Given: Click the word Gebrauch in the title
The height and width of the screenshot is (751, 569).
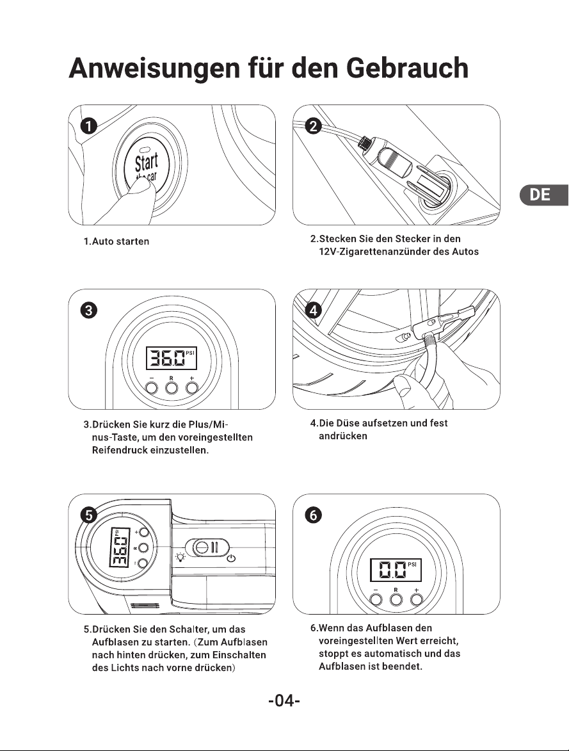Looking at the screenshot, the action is [x=406, y=68].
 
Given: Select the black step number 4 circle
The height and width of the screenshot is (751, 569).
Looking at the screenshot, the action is [x=313, y=311].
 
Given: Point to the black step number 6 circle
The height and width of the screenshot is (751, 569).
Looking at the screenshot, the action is [x=313, y=515].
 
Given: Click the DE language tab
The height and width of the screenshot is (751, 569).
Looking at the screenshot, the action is [x=544, y=195].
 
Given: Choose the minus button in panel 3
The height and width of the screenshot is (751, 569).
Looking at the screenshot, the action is [x=151, y=387].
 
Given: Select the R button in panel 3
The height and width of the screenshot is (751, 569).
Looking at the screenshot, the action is [x=172, y=387].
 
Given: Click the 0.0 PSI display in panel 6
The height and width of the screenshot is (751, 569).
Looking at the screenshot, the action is [x=396, y=569].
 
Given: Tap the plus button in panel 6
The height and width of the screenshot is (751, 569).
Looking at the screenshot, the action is [x=417, y=599].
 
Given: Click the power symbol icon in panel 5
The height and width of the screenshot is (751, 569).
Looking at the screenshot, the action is [x=231, y=558].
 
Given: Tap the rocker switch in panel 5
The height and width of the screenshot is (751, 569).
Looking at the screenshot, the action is [x=207, y=547].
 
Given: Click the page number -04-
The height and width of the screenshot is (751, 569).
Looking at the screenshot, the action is [x=284, y=701].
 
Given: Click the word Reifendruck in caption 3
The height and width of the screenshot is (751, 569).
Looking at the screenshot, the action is [x=120, y=451].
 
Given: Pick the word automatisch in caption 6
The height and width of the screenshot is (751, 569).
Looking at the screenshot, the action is [x=393, y=654].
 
